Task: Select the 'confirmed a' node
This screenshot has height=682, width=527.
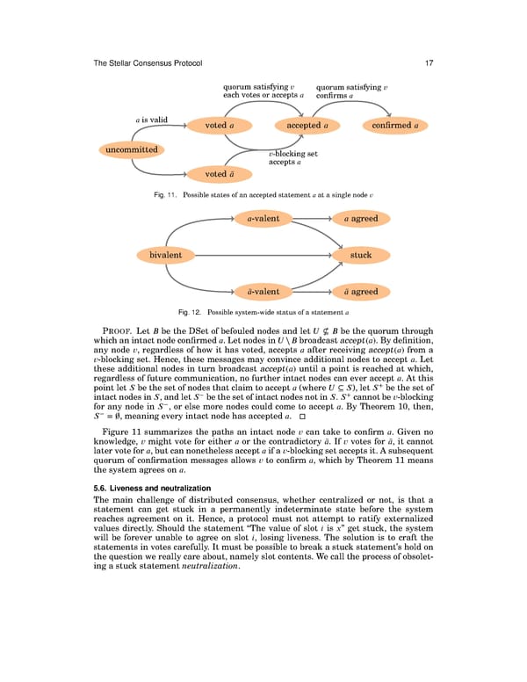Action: pyautogui.click(x=393, y=126)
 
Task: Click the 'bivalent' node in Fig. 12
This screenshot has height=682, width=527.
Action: pyautogui.click(x=166, y=255)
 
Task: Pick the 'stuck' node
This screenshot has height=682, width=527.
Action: pyautogui.click(x=361, y=255)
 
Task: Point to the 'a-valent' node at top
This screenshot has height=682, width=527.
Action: pyautogui.click(x=263, y=218)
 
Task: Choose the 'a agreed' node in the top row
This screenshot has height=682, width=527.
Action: pyautogui.click(x=361, y=218)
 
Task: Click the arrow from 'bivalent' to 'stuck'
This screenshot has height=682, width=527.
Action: pyautogui.click(x=263, y=255)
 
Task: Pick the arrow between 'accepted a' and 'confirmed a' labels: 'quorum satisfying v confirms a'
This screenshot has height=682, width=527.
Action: pyautogui.click(x=351, y=91)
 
